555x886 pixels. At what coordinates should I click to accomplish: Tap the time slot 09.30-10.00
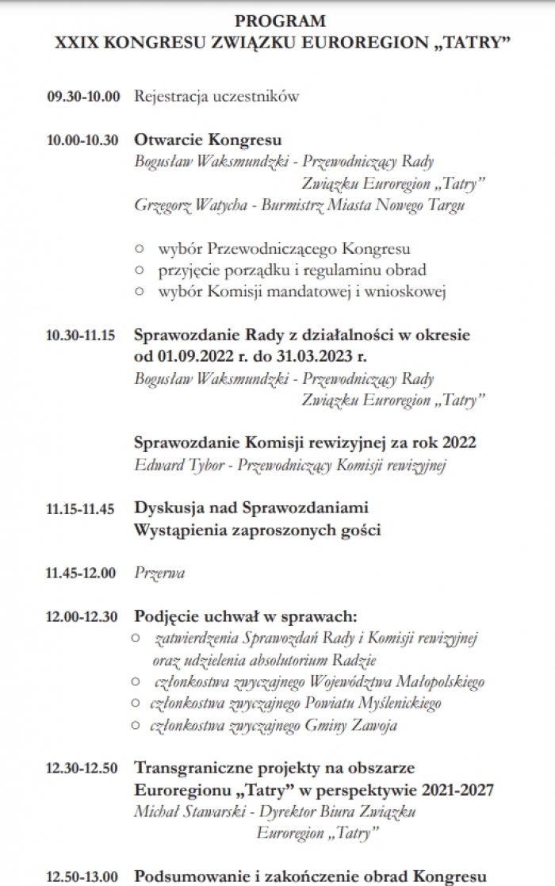(83, 97)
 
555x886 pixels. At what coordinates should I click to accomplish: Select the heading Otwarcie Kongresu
(208, 140)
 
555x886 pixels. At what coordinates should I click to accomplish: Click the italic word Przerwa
(159, 573)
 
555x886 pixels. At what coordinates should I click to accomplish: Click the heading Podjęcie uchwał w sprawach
(246, 616)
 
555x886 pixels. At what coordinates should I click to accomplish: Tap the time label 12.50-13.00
(82, 876)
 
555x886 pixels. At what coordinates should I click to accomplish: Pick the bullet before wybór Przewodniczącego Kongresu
(140, 249)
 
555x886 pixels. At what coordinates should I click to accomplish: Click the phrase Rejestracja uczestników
(216, 97)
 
